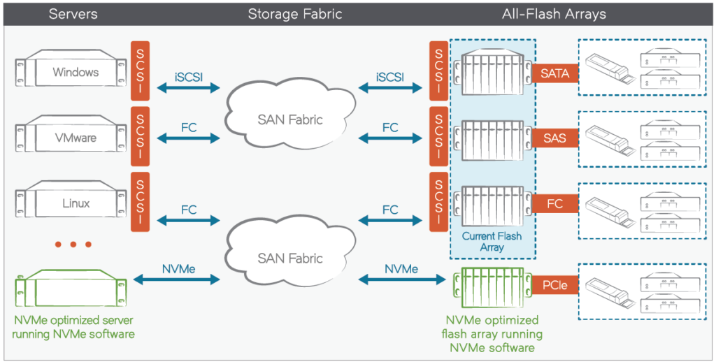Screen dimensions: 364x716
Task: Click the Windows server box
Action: tap(70, 72)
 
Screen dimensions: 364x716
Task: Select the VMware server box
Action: tap(70, 138)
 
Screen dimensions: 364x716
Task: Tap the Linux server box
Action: tap(70, 203)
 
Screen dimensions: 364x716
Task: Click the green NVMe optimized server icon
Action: tap(70, 287)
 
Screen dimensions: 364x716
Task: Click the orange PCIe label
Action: tap(555, 284)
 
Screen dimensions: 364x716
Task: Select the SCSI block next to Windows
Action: tap(140, 72)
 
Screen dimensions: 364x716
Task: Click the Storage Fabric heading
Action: tap(294, 14)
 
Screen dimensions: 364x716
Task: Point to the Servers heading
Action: tap(73, 14)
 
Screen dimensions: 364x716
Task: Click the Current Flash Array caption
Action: tap(492, 242)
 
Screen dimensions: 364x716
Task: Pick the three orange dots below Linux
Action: tap(73, 244)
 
